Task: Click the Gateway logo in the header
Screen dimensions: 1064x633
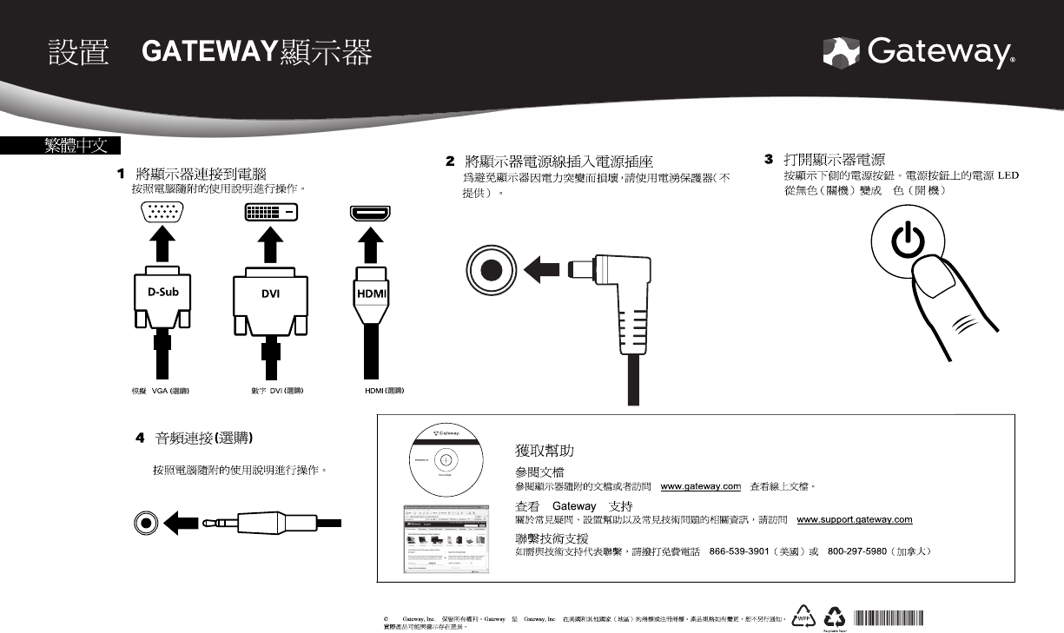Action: tap(919, 54)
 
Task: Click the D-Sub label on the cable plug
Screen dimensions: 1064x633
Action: tap(162, 292)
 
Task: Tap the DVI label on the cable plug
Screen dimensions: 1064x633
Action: tap(270, 293)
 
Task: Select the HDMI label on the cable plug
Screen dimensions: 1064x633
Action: tap(373, 293)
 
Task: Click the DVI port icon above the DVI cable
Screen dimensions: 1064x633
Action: tap(270, 211)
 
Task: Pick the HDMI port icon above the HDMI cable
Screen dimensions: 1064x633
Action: tap(370, 212)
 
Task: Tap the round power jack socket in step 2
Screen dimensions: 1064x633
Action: tap(492, 268)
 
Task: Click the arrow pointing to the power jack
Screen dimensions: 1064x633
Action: tap(543, 268)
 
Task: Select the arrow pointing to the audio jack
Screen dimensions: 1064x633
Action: tap(182, 523)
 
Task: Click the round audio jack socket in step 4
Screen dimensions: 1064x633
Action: tap(146, 523)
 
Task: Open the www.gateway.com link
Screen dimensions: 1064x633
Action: tap(700, 486)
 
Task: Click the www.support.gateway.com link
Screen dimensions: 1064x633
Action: tap(854, 519)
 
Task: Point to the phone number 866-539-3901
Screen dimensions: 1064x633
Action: tap(737, 551)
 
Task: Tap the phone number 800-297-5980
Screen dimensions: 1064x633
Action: tap(856, 551)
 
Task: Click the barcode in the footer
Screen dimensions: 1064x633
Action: tap(888, 617)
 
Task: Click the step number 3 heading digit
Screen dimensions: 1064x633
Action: tap(769, 160)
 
